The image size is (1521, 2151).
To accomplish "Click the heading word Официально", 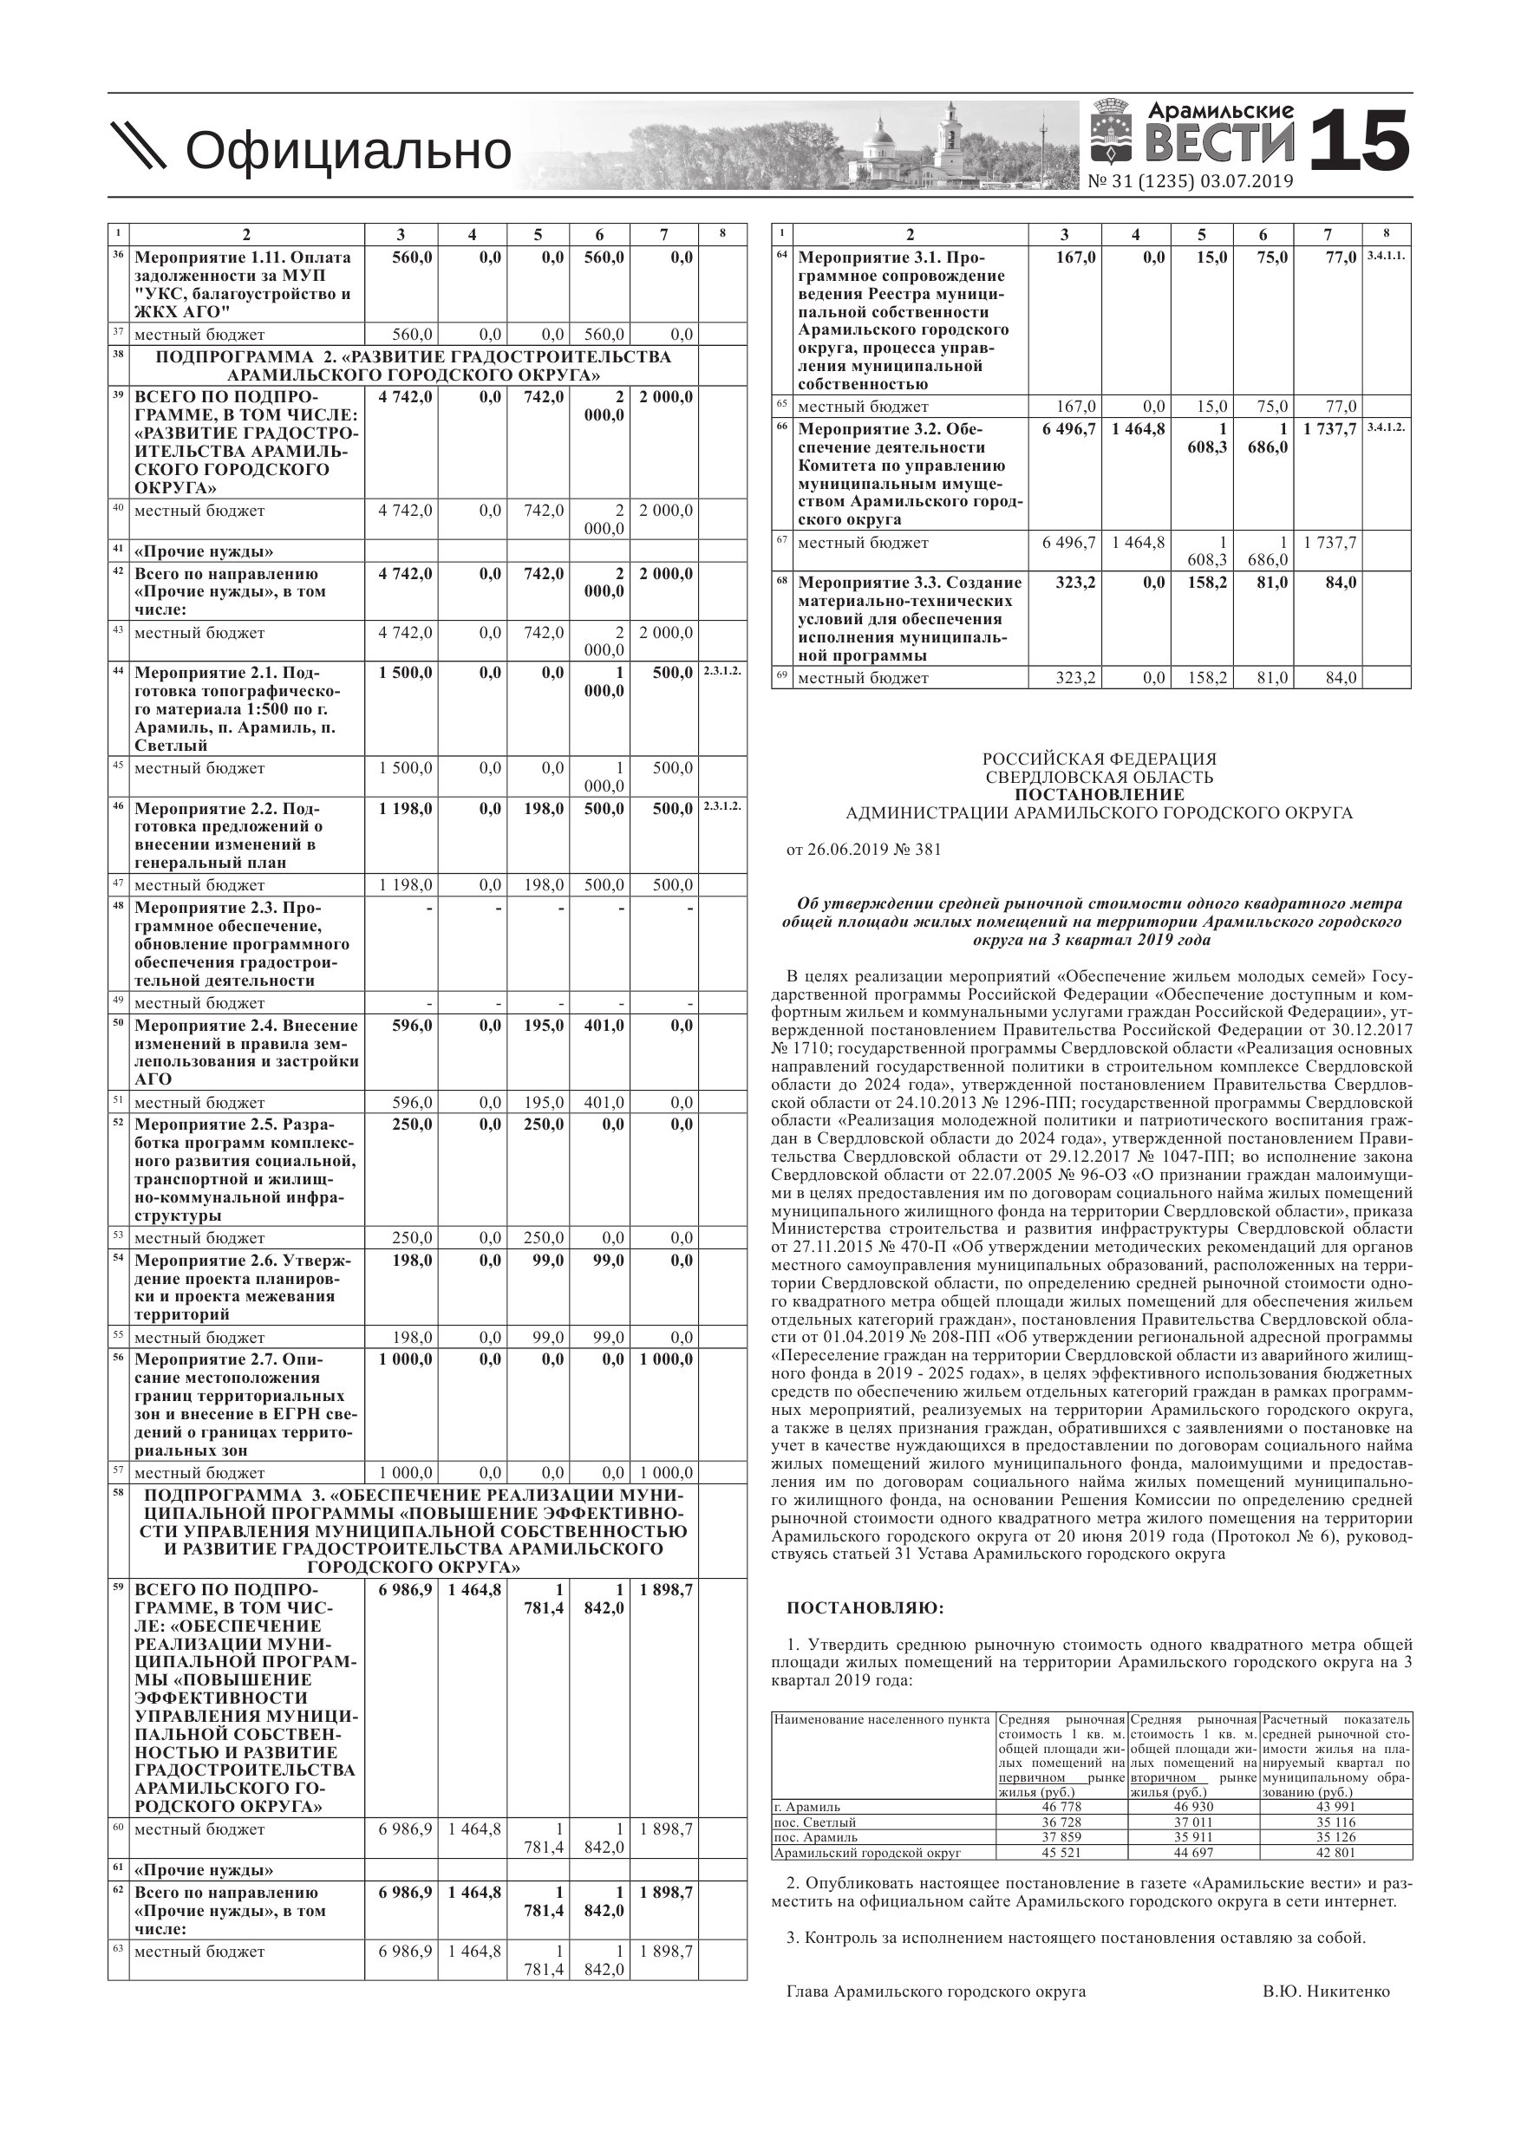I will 348,151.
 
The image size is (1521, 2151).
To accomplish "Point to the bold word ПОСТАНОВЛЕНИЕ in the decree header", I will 1099,795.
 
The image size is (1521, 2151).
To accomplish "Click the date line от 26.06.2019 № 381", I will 863,850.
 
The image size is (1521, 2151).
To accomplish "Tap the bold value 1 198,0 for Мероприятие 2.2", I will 405,809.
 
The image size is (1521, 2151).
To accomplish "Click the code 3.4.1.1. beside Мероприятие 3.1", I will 1386,256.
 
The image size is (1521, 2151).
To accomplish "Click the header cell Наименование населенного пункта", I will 882,1720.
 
